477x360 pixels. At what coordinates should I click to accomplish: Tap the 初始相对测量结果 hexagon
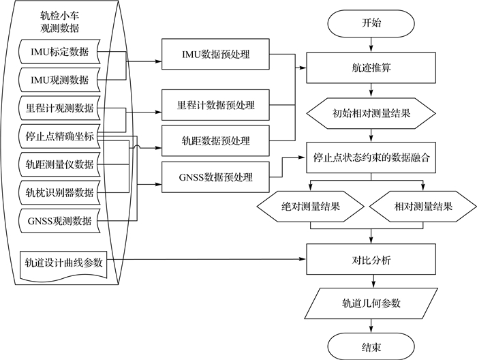(371, 113)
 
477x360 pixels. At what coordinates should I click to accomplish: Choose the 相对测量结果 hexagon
(423, 206)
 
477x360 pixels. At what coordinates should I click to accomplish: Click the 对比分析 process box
(371, 260)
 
